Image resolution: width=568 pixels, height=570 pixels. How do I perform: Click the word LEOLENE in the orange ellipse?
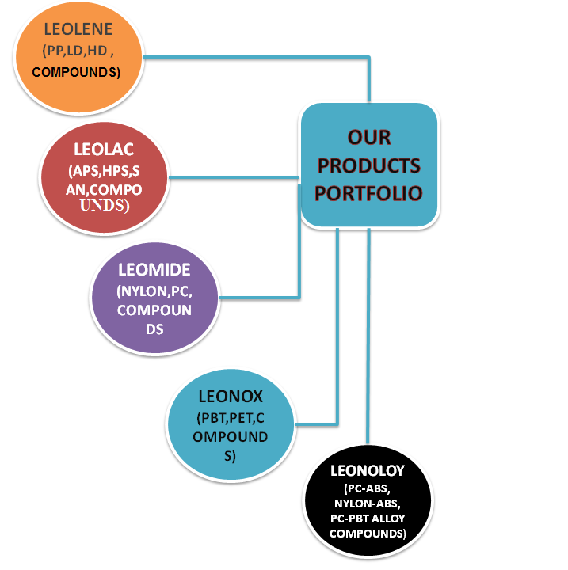tap(78, 31)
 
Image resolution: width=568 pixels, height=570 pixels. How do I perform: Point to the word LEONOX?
tap(233, 395)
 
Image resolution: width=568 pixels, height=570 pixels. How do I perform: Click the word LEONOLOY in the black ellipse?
tap(368, 471)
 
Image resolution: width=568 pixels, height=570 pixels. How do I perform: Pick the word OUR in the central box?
tap(369, 138)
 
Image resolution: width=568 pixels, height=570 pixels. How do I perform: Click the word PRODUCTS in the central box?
tap(369, 165)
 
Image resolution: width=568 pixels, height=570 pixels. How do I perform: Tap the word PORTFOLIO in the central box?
tap(369, 193)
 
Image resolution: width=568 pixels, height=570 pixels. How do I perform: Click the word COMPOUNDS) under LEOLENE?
tap(77, 73)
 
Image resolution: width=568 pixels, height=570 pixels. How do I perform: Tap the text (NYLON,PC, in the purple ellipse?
tap(154, 291)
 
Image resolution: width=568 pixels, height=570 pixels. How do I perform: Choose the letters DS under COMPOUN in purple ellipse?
tap(154, 328)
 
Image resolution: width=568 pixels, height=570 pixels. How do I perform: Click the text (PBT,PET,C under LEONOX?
tap(233, 417)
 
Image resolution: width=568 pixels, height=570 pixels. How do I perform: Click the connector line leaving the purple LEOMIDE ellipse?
tap(261, 298)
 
